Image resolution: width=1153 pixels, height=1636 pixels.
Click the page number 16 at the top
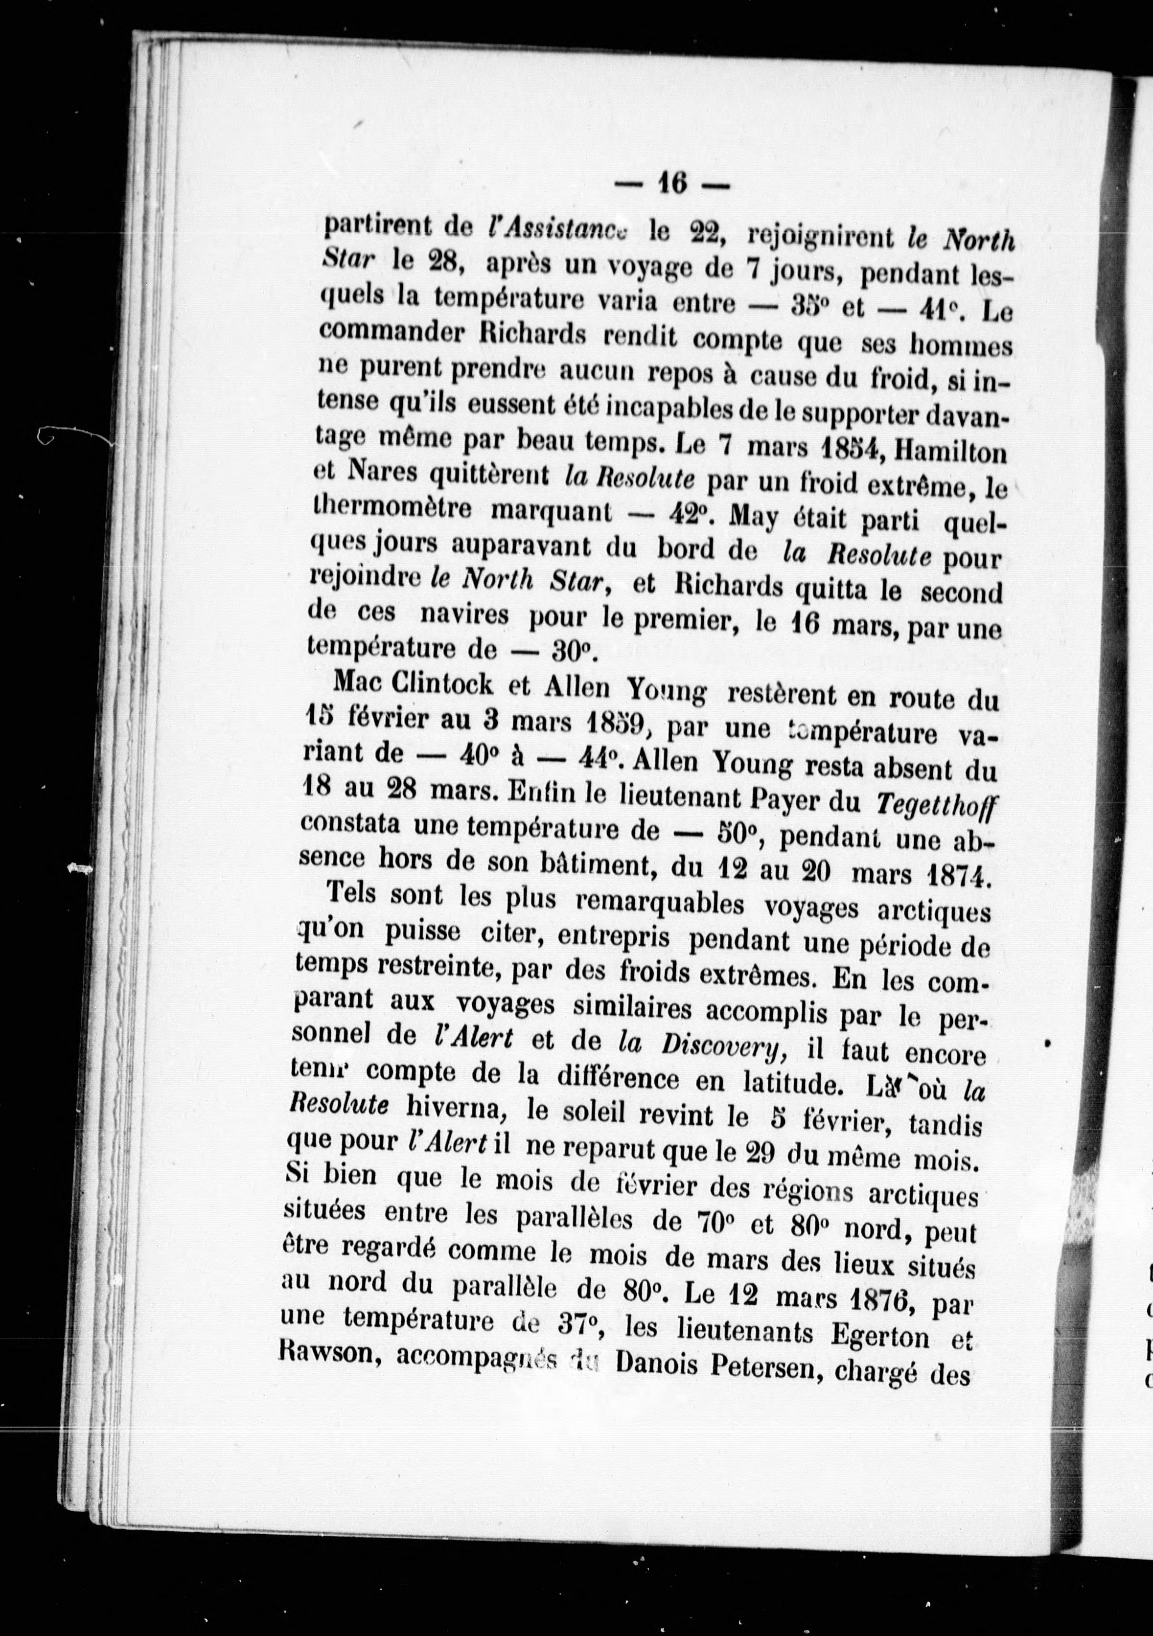click(x=671, y=184)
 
